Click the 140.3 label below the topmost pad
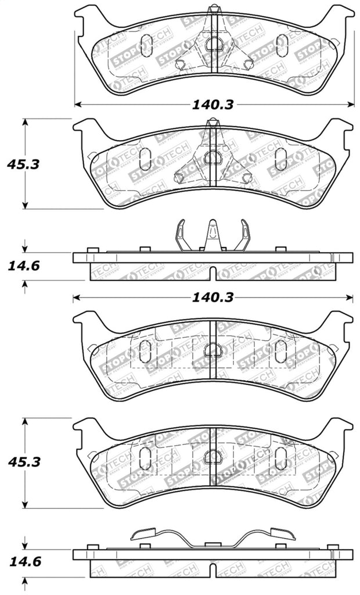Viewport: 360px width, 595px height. [213, 105]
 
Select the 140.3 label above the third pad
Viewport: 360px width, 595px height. [213, 297]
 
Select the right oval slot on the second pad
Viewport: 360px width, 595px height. [282, 156]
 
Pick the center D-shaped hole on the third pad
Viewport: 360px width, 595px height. [213, 350]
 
